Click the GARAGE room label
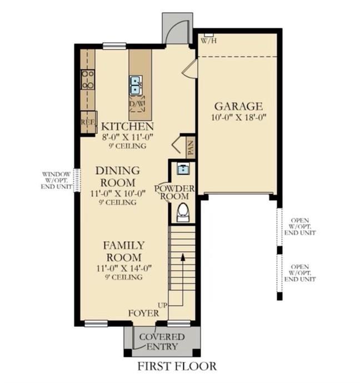[x=238, y=107]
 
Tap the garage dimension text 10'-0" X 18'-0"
[x=238, y=117]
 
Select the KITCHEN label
[x=127, y=127]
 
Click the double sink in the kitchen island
[x=135, y=85]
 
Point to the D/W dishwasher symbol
[x=137, y=103]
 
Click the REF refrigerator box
[x=88, y=122]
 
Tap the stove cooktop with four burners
[x=88, y=79]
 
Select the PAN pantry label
[x=191, y=147]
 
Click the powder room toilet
[x=183, y=212]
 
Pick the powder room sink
[x=183, y=169]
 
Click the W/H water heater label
[x=209, y=41]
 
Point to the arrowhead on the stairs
[x=183, y=257]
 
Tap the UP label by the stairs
[x=163, y=305]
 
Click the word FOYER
[x=144, y=313]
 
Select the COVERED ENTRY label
[x=162, y=342]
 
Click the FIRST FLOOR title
[x=177, y=366]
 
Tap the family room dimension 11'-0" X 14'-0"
[x=124, y=268]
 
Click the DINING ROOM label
[x=118, y=177]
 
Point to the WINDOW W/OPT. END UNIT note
[x=56, y=181]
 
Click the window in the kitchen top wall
[x=114, y=46]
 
